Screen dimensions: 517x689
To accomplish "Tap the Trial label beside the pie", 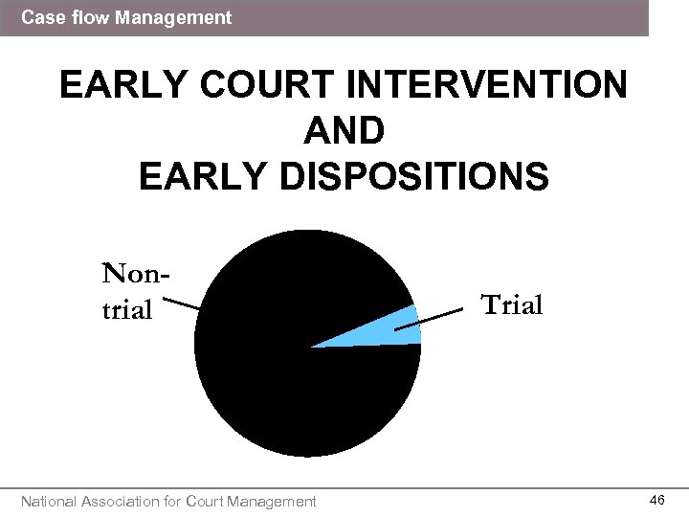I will (x=512, y=305).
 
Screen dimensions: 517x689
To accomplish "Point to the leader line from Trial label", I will (x=435, y=320).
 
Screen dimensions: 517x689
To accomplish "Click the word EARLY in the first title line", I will (x=116, y=86).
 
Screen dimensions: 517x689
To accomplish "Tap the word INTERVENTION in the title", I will (x=488, y=86).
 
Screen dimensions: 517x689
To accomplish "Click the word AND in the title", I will (x=344, y=131).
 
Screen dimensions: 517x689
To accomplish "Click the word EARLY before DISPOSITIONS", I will (x=196, y=176).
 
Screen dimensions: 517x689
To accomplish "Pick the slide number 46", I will (x=657, y=500).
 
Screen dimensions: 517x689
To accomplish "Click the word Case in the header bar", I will (x=40, y=17).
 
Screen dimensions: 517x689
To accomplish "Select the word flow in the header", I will (x=89, y=17).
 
